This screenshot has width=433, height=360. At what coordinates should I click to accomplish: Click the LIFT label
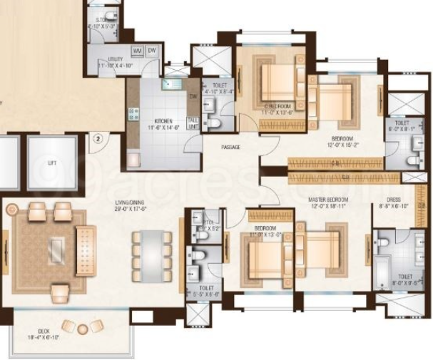[51, 163]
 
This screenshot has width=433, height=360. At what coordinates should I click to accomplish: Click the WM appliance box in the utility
[137, 51]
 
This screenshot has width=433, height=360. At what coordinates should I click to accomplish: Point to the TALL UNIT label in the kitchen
[193, 123]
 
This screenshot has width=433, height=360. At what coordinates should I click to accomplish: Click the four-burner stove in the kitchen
[133, 113]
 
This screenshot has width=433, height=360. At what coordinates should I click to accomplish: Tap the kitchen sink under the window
[170, 84]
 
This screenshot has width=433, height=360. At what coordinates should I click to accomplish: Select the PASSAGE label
[230, 147]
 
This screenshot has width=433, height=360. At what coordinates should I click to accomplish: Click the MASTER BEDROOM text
[327, 200]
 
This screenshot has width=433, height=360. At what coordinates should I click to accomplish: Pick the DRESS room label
[394, 200]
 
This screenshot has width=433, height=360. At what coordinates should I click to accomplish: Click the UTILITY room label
[115, 60]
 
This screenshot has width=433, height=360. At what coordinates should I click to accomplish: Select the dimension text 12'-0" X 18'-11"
[327, 207]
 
